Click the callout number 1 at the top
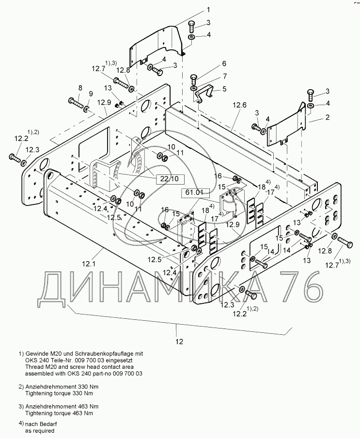[x=208, y=9]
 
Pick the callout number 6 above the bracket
[x=224, y=64]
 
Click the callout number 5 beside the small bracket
[x=224, y=89]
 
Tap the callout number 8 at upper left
[x=80, y=88]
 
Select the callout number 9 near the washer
[x=90, y=94]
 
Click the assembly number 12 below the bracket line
[x=179, y=342]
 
